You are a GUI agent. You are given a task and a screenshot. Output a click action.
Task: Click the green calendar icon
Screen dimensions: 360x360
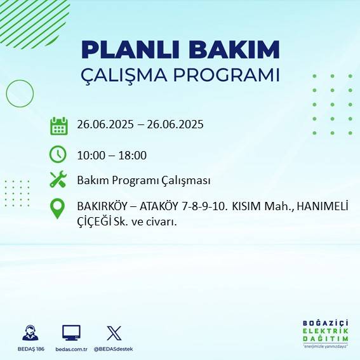pyautogui.click(x=58, y=126)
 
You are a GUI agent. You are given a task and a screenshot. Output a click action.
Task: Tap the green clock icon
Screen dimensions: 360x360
pyautogui.click(x=58, y=154)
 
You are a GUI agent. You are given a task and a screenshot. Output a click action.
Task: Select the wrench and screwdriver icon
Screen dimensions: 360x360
pyautogui.click(x=58, y=180)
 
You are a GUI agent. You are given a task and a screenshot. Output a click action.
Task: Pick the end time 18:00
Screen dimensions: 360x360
pyautogui.click(x=134, y=155)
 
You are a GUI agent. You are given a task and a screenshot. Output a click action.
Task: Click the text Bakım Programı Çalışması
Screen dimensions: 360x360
pyautogui.click(x=143, y=180)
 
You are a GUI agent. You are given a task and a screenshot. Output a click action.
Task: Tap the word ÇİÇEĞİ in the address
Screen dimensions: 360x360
pyautogui.click(x=96, y=222)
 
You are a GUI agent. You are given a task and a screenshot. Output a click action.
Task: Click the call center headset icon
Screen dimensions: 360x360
pyautogui.click(x=30, y=333)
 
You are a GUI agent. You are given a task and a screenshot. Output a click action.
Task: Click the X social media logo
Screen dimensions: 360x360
pyautogui.click(x=114, y=333)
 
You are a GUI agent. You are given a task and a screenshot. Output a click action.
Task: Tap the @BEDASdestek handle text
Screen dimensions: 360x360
pyautogui.click(x=114, y=349)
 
